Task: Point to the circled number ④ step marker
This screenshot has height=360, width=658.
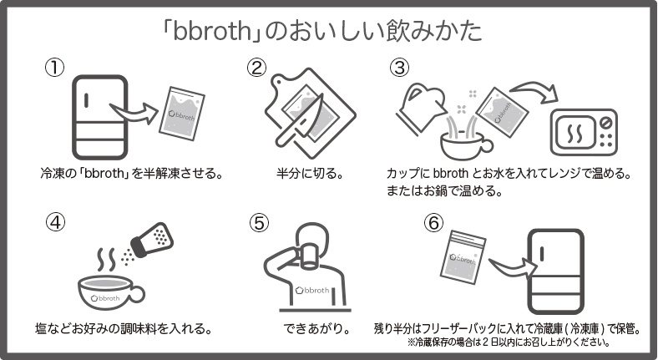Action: point(55,222)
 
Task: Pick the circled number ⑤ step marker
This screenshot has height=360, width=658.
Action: point(260,223)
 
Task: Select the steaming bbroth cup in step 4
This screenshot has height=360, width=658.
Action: point(109,292)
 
